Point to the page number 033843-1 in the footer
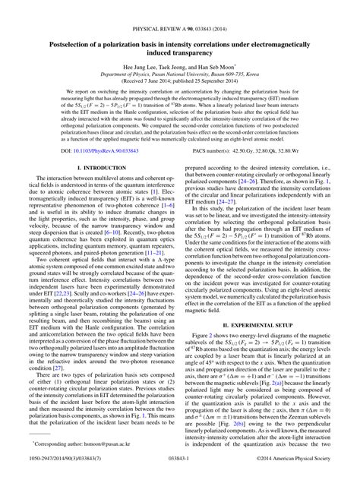180,470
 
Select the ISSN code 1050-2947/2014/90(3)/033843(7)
65,470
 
